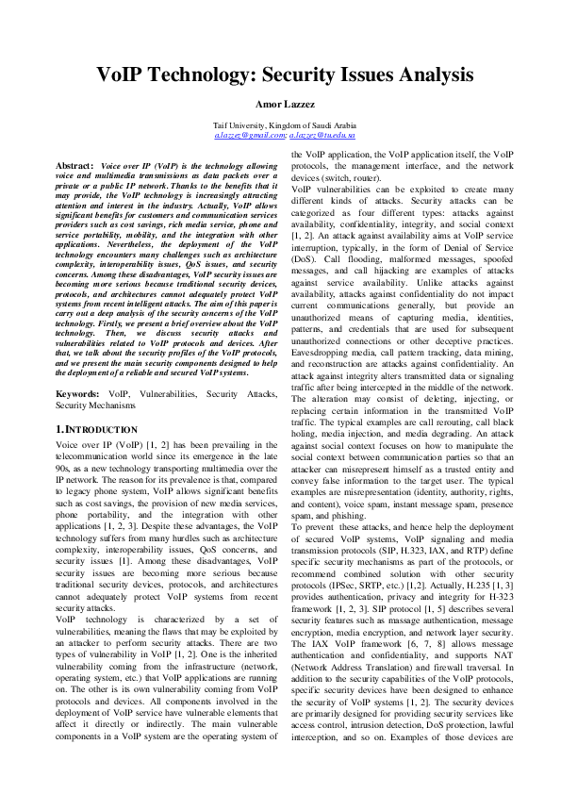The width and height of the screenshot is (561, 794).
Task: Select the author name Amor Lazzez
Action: pyautogui.click(x=280, y=104)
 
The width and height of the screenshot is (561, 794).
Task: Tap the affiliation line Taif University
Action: pyautogui.click(x=280, y=124)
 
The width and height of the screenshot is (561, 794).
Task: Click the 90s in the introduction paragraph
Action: pyautogui.click(x=64, y=466)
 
